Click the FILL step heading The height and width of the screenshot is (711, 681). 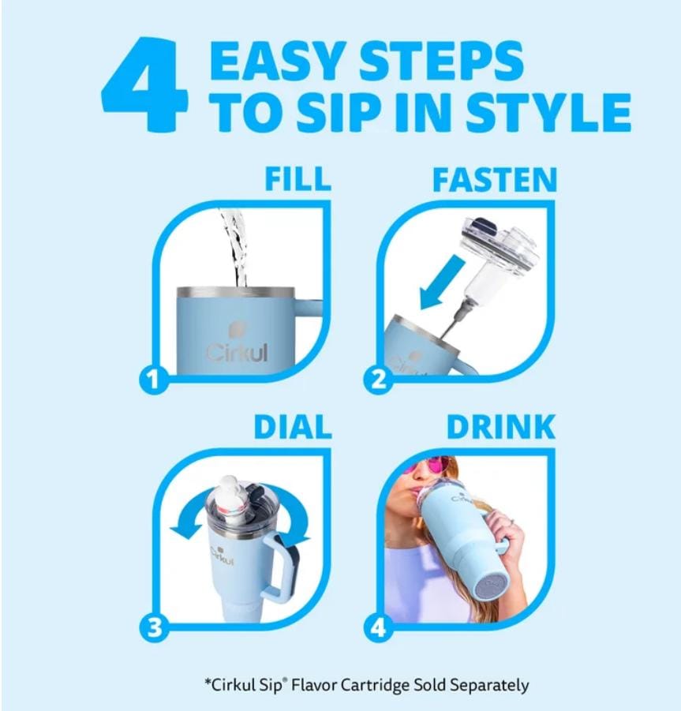297,178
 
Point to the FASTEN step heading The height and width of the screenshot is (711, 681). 494,180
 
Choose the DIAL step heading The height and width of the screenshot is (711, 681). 292,427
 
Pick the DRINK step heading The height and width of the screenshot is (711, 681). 500,427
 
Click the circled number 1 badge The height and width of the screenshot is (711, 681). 154,380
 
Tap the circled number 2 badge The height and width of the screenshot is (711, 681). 379,380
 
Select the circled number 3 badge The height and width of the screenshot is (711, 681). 154,628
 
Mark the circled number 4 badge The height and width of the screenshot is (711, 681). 379,628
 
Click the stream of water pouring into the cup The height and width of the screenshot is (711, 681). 238,249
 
